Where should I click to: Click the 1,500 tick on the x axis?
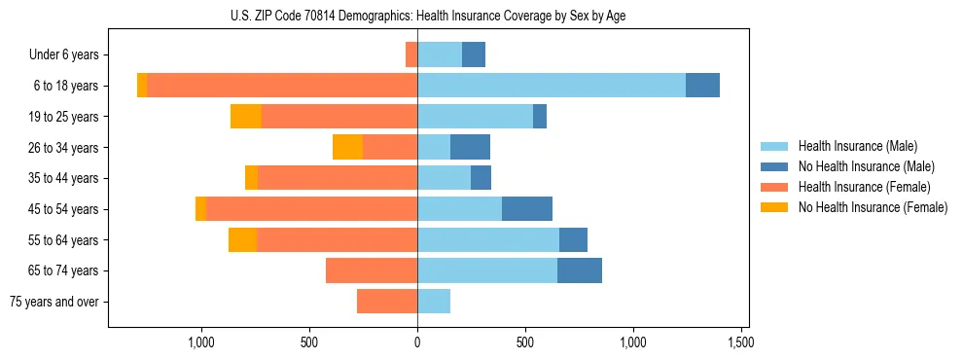click(741, 342)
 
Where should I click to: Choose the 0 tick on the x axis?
click(417, 342)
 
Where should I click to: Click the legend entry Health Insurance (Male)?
click(857, 146)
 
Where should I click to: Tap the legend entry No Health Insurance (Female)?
click(873, 207)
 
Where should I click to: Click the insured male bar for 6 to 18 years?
click(552, 86)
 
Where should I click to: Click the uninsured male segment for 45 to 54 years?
click(527, 209)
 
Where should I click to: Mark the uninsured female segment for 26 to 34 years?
click(347, 147)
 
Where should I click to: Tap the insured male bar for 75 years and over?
click(434, 302)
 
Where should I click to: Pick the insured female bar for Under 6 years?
click(411, 54)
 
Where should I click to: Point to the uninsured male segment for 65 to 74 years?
click(580, 270)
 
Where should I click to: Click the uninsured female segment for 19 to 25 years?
click(246, 117)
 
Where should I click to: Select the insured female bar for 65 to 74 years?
click(372, 270)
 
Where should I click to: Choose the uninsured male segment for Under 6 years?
click(474, 54)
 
